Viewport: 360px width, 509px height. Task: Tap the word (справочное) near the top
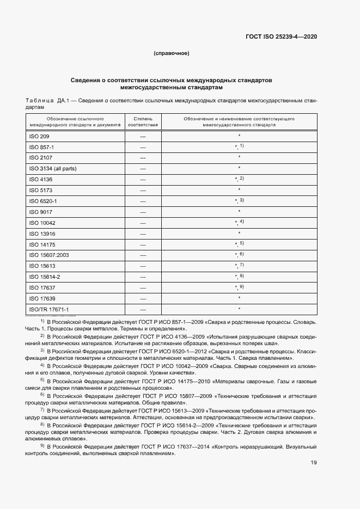tap(171, 53)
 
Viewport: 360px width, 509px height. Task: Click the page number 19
tap(314, 463)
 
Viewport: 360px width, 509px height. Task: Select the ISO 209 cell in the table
tap(39, 136)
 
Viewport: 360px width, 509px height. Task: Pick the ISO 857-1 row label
tap(41, 147)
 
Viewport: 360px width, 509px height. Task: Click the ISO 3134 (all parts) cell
tap(53, 169)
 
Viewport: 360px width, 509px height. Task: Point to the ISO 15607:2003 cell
tap(48, 255)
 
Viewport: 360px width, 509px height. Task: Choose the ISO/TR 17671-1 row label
tap(49, 309)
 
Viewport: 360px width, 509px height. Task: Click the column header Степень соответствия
tap(143, 121)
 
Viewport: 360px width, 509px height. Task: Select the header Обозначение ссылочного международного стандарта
tap(75, 121)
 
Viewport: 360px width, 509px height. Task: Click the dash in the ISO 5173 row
tap(143, 190)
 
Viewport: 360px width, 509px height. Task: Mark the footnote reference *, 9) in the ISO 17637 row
tap(239, 287)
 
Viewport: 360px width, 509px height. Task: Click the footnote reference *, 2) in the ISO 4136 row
tap(239, 179)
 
